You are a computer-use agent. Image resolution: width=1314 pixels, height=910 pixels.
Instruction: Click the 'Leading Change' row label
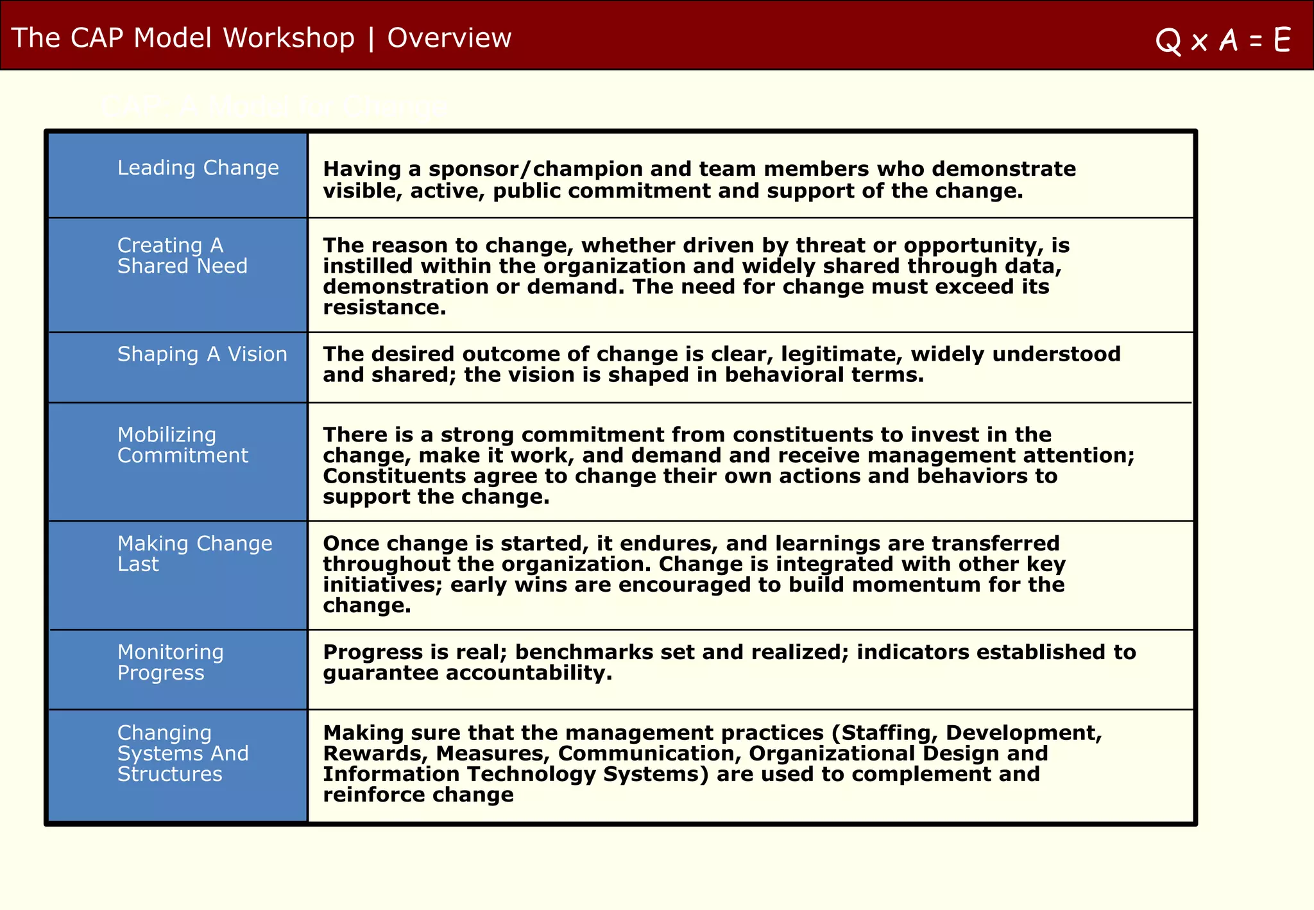coord(198,168)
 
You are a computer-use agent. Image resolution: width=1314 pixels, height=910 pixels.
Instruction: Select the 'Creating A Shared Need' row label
coord(182,255)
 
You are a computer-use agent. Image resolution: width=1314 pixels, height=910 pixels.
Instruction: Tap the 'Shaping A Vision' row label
coord(202,354)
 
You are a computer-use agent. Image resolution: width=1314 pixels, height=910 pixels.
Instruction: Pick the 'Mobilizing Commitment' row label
coord(182,445)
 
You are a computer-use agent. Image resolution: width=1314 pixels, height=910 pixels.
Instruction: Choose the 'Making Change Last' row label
coord(194,553)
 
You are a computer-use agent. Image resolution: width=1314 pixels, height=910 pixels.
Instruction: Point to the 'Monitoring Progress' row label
coord(170,662)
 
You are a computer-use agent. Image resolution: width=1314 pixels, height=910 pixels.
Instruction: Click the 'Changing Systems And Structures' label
coord(182,753)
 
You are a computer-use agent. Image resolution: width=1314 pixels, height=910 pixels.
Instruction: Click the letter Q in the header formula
coord(1168,41)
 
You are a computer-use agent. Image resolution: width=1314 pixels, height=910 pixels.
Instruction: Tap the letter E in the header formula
coord(1282,40)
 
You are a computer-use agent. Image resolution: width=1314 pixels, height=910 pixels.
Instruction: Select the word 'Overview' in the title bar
coord(449,38)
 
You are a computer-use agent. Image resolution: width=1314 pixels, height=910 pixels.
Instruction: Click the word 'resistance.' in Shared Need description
coord(384,307)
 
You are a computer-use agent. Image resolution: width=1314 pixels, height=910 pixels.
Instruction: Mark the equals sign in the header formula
coord(1256,42)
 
